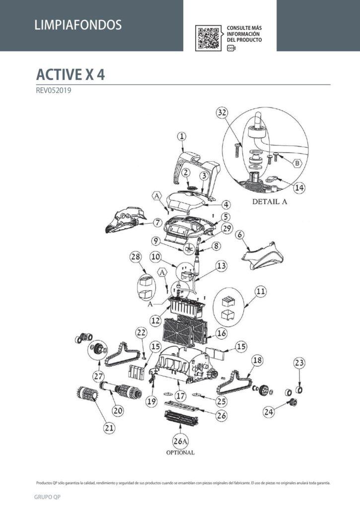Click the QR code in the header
tap(208, 38)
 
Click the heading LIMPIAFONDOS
tap(78, 25)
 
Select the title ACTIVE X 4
tap(71, 74)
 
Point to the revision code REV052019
tap(54, 90)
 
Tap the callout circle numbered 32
tap(222, 113)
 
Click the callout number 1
tap(182, 136)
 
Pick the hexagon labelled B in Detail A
tap(297, 163)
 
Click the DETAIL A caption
tap(270, 201)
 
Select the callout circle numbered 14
tap(299, 188)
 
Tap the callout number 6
tap(240, 234)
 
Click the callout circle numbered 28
tap(136, 257)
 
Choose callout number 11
tap(261, 292)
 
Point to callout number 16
tap(221, 333)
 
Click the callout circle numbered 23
tap(299, 363)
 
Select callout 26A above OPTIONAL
tap(180, 441)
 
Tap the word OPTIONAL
tap(180, 452)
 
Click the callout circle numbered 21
tap(109, 428)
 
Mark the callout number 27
tap(98, 376)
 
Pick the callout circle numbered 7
tap(157, 223)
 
